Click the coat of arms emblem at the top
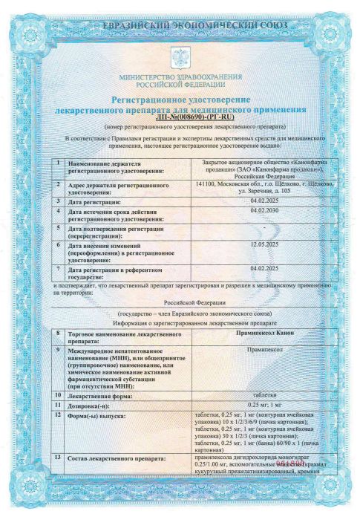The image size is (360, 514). (180, 58)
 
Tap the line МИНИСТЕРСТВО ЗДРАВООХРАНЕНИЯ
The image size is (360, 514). (180, 77)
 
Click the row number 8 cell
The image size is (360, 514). (59, 336)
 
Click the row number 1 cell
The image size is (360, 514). (59, 162)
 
